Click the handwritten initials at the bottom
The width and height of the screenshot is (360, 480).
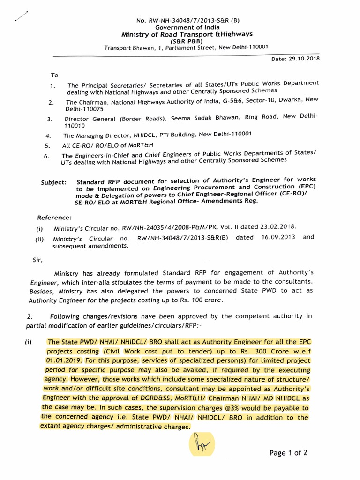[201, 443]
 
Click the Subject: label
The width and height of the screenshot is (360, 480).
[54, 181]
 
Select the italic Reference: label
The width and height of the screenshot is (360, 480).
[54, 217]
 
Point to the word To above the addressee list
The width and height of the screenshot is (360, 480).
[54, 75]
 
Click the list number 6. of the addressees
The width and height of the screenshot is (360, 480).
[47, 156]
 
